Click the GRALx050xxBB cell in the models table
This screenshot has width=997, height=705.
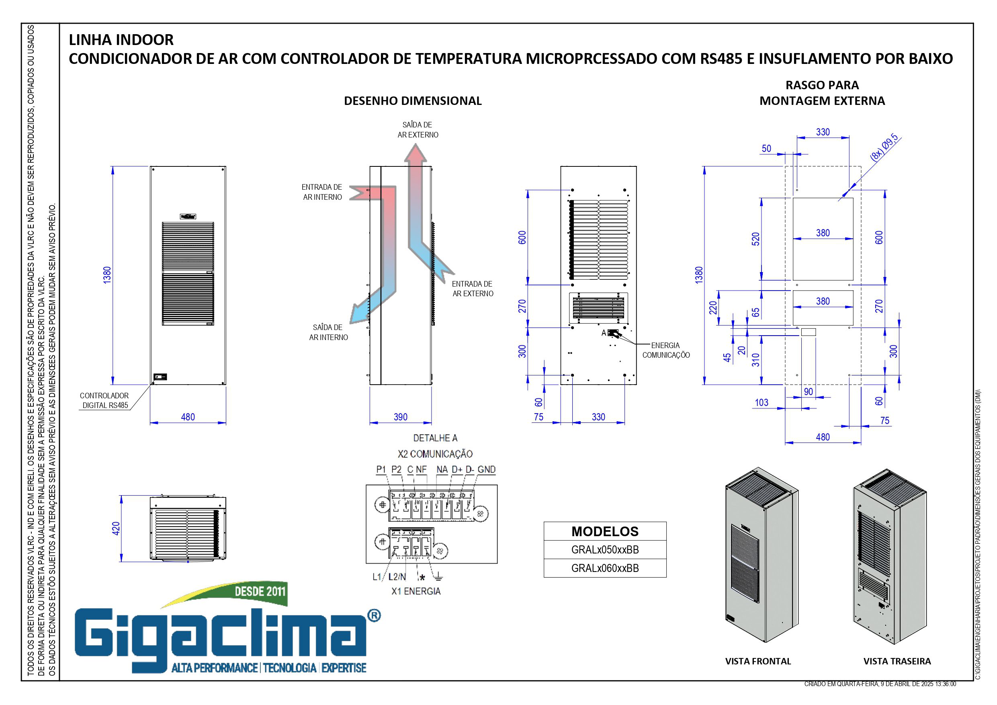coord(605,549)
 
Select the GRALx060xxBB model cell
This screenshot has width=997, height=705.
coord(605,568)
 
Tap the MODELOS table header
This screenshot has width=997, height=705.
coord(605,531)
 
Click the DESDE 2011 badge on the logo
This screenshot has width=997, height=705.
coord(260,591)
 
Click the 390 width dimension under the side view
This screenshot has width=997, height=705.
coord(400,417)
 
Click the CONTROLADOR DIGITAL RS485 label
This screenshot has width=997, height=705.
coord(104,400)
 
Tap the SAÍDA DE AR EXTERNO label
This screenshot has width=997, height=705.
coord(418,130)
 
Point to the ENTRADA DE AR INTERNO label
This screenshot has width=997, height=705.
coord(322,192)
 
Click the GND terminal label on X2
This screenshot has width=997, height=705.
coord(486,469)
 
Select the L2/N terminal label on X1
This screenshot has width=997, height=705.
coord(397,577)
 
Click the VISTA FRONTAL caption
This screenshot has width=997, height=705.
coord(758,661)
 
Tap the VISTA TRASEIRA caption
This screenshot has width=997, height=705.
coord(897,661)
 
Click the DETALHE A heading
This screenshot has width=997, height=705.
coord(435,438)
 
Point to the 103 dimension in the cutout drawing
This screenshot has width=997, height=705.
coord(761,403)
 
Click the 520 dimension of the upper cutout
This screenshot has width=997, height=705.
coord(755,239)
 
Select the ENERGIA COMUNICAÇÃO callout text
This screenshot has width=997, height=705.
coord(666,350)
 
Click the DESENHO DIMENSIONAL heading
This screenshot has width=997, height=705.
coord(413,101)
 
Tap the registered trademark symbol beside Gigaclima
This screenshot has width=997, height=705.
coord(374,615)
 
